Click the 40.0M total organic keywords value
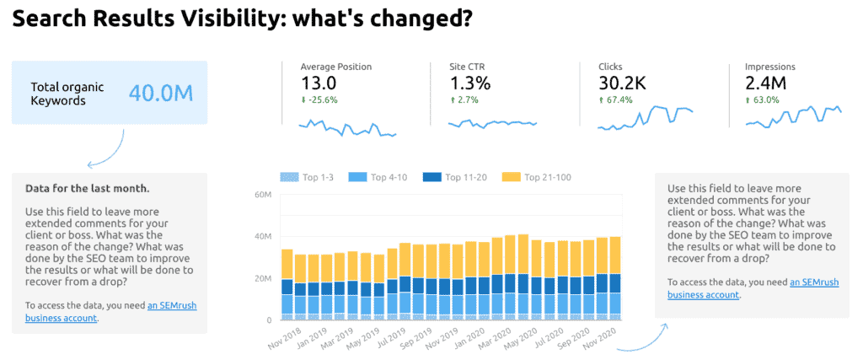tap(161, 93)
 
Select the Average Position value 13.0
tap(319, 83)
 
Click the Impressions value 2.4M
tap(766, 83)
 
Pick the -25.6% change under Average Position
tap(320, 100)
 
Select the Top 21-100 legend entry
tap(541, 177)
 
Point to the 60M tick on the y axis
tap(263, 195)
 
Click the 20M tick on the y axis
tap(263, 278)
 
